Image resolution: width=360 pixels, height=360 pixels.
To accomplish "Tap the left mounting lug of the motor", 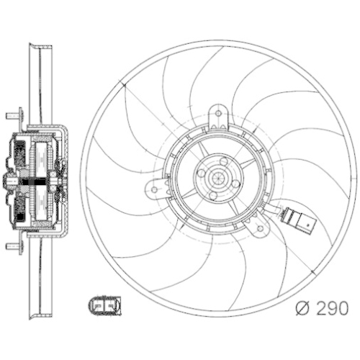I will point(154,190).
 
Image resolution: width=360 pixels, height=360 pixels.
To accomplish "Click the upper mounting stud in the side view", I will point(12,114).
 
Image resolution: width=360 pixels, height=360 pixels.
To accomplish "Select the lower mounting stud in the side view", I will point(12,247).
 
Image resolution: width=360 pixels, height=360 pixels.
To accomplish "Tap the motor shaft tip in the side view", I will point(6,181).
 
